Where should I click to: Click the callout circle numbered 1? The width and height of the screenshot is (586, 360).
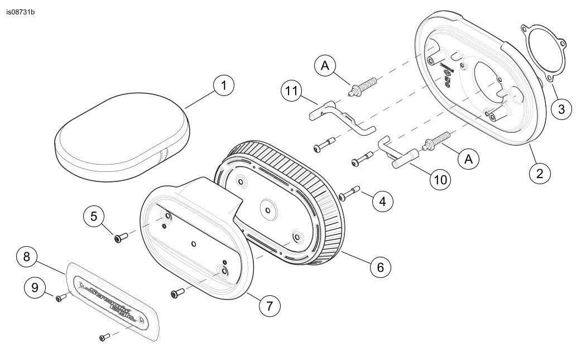[223, 86]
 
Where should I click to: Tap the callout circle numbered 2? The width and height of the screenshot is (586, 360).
[539, 173]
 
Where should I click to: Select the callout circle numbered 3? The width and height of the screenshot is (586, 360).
[560, 109]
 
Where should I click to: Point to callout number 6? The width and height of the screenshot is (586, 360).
[380, 267]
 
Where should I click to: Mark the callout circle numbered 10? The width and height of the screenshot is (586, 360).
[440, 179]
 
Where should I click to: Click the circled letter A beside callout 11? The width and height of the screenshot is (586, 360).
[325, 66]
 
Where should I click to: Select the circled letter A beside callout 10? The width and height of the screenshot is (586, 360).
[469, 159]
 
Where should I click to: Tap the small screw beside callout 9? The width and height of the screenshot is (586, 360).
[59, 299]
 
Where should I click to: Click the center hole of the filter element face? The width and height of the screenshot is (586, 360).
[268, 211]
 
